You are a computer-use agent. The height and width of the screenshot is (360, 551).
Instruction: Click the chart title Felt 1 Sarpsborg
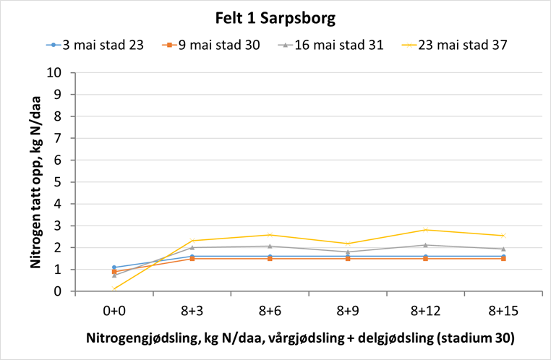(275, 17)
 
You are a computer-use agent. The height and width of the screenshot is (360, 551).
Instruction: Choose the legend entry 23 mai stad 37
(454, 45)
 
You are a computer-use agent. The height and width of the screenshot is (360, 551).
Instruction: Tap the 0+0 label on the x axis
(114, 310)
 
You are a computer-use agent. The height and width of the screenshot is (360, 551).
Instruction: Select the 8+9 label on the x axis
(347, 310)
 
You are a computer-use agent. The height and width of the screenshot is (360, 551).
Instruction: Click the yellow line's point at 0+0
(114, 288)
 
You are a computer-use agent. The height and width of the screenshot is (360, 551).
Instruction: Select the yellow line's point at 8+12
(425, 230)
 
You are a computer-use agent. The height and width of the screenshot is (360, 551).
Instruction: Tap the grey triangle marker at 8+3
(192, 247)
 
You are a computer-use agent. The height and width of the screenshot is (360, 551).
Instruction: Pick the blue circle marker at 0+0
(114, 267)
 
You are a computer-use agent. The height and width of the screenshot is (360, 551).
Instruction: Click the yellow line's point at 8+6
(270, 235)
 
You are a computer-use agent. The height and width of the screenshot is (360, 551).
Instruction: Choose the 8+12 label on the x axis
(425, 310)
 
